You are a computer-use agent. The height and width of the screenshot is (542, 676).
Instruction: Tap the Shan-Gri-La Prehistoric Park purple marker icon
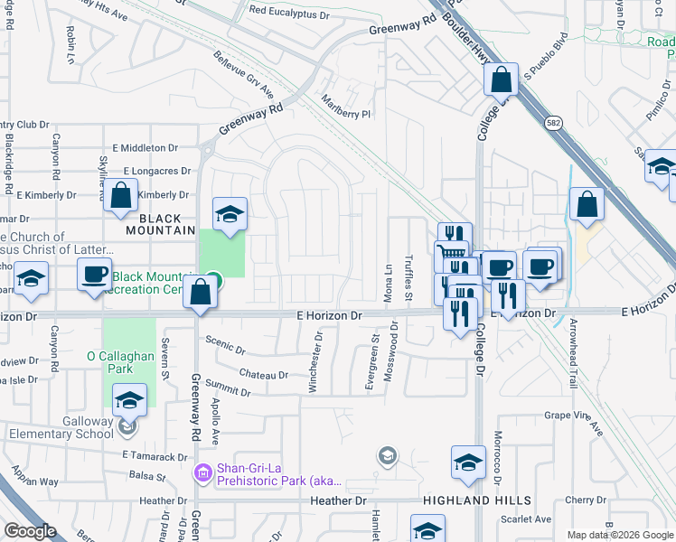click(x=202, y=472)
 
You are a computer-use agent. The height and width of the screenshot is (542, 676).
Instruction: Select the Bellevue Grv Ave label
click(x=243, y=80)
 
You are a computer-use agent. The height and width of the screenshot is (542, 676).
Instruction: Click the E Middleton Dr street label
click(x=151, y=147)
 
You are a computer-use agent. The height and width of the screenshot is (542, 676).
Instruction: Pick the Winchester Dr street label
click(x=315, y=361)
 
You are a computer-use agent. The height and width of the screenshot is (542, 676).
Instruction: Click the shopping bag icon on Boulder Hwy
click(x=501, y=79)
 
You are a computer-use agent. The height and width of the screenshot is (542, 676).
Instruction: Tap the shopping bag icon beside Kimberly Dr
click(x=121, y=193)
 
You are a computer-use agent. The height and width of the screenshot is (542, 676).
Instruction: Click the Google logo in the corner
click(x=31, y=530)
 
